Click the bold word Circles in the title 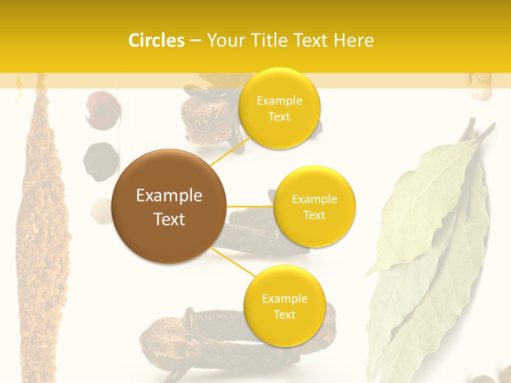coord(156,40)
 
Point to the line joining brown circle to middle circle coord(250,206)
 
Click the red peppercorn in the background coord(102,110)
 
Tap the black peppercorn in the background coord(101,161)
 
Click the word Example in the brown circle coord(169,196)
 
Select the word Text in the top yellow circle coord(279,116)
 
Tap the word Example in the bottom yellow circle coord(284,298)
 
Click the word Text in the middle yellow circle coord(314,215)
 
